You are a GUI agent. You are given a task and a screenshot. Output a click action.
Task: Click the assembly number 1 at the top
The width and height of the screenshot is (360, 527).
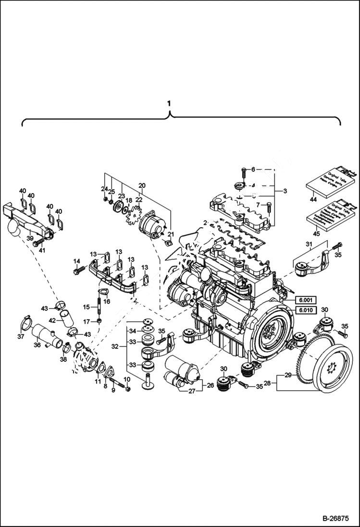pyautogui.click(x=168, y=103)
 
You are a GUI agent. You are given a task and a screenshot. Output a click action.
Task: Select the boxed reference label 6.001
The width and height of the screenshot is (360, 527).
pyautogui.click(x=306, y=300)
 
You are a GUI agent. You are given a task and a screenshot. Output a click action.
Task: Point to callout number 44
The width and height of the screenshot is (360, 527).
pyautogui.click(x=313, y=199)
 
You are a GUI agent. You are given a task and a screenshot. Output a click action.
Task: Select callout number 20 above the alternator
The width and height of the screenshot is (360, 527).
pyautogui.click(x=142, y=185)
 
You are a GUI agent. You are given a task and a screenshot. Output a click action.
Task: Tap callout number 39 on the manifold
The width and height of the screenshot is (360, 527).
pyautogui.click(x=29, y=239)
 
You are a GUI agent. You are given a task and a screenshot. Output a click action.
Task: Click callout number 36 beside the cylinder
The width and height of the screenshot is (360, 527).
pyautogui.click(x=37, y=344)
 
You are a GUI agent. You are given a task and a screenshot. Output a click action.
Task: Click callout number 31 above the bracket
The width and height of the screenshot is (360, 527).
pyautogui.click(x=308, y=244)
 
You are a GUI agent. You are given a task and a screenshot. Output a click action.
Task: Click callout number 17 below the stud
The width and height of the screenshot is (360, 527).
pyautogui.click(x=87, y=321)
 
